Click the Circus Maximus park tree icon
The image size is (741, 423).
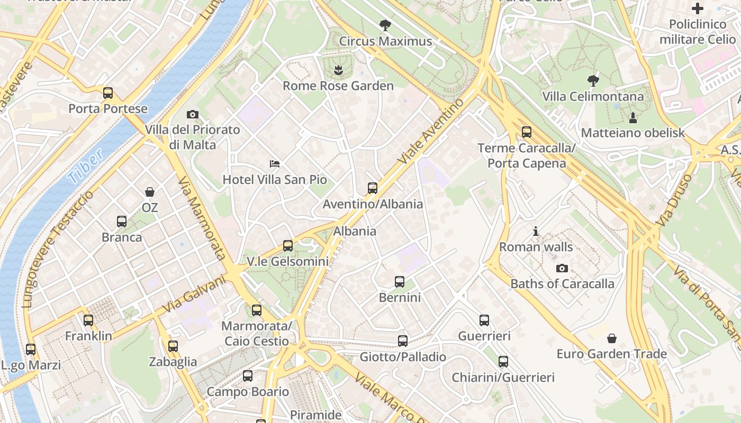385,24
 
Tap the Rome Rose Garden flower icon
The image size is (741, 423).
338,69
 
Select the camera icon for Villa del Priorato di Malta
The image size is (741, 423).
193,114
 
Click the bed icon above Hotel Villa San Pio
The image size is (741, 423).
274,163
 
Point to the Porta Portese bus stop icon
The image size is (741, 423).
108,93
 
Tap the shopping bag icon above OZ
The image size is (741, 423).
150,191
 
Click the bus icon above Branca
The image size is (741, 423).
122,222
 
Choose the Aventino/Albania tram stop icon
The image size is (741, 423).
373,188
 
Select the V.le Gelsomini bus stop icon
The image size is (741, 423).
288,246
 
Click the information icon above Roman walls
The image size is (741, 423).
536,231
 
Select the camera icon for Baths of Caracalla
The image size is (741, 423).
562,268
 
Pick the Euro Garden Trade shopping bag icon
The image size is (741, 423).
612,338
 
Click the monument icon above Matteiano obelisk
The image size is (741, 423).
633,117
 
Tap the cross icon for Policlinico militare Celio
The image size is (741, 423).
698,8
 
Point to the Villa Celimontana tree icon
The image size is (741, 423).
593,80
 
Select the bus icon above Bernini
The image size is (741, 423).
400,282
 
